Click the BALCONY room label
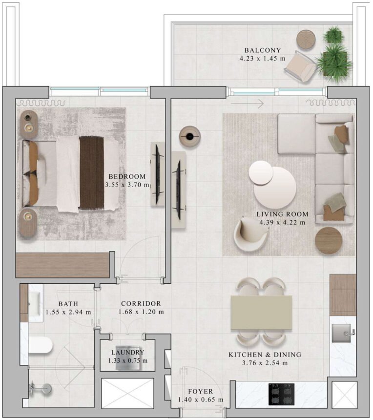coord(263,50)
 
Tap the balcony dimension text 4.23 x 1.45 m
coord(263,59)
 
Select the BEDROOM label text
coord(127,176)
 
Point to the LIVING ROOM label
coord(282,214)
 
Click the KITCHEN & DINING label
coord(265,355)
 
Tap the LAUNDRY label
coord(127,352)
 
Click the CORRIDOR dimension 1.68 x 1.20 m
coord(141,312)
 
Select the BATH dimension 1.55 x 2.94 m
coord(68,312)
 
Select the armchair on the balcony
coord(300,66)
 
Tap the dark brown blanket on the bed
coord(92,173)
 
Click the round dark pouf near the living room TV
coord(189,136)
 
